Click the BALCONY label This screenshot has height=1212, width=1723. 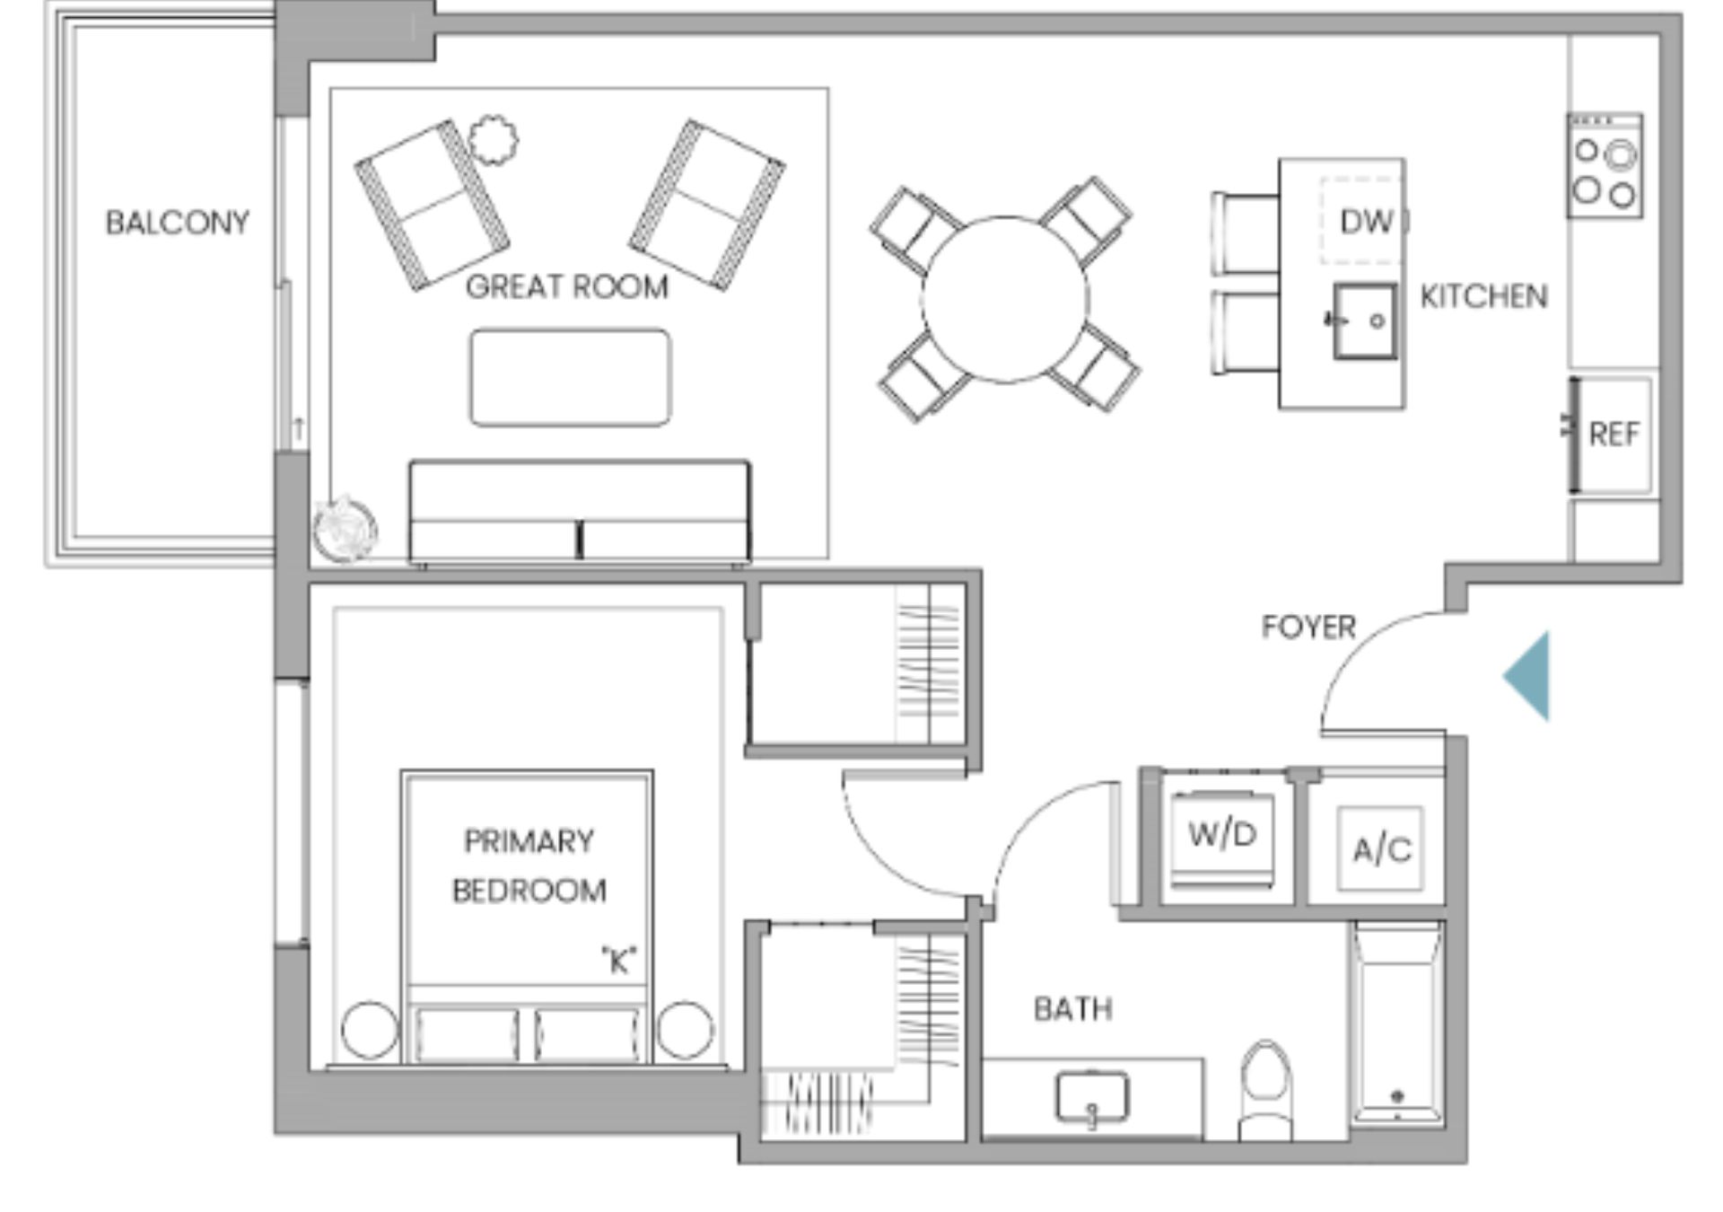point(178,223)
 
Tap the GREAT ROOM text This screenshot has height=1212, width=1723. point(567,287)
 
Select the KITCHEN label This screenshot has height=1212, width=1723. point(1484,296)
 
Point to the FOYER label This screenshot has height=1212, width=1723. point(1308,627)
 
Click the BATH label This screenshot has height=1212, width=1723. point(1073,1009)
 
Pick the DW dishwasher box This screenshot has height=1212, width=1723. point(1361,221)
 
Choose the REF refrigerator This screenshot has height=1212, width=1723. point(1612,435)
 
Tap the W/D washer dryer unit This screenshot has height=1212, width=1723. point(1222,837)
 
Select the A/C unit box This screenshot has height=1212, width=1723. point(1380,848)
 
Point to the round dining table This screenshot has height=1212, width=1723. point(1005,300)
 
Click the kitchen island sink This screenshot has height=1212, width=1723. point(1364,321)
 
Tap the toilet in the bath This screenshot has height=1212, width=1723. point(1264,1090)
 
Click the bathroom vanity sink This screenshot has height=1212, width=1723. point(1092,1097)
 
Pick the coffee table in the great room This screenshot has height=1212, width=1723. point(570,377)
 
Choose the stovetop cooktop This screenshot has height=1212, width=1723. point(1605,165)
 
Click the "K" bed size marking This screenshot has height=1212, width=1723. point(618,960)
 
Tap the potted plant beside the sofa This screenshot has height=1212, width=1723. point(345,530)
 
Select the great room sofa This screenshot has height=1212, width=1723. point(580,512)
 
